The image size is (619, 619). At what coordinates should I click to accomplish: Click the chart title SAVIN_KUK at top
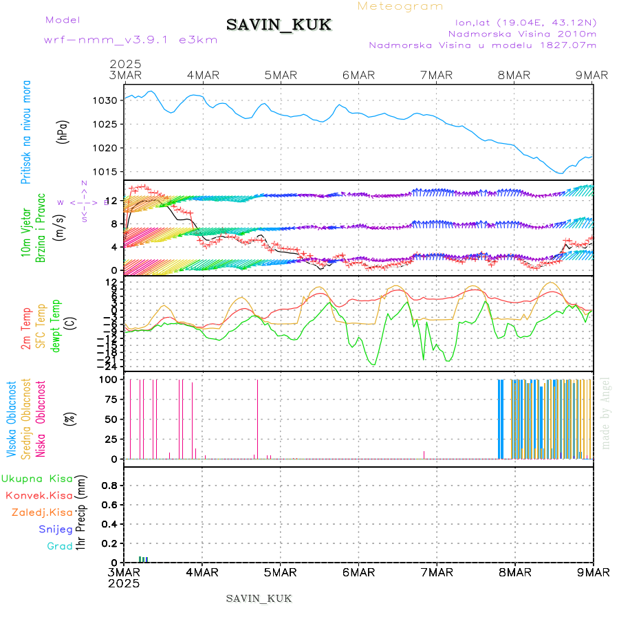(279, 25)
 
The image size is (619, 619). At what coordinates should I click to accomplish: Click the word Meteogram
(401, 6)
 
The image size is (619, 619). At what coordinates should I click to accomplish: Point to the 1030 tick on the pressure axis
(105, 100)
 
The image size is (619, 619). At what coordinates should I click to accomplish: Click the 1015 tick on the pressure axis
(105, 171)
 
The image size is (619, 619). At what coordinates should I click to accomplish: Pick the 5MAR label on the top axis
(280, 75)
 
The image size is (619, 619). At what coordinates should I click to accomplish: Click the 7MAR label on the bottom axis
(437, 572)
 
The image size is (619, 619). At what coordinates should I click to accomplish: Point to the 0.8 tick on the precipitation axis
(109, 485)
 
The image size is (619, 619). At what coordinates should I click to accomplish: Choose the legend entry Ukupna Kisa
(36, 479)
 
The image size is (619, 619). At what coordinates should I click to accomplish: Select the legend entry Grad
(61, 546)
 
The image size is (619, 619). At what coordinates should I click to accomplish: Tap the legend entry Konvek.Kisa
(39, 495)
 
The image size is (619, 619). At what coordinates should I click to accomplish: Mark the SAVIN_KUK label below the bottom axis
(259, 598)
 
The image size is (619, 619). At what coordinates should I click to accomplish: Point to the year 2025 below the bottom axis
(124, 583)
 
